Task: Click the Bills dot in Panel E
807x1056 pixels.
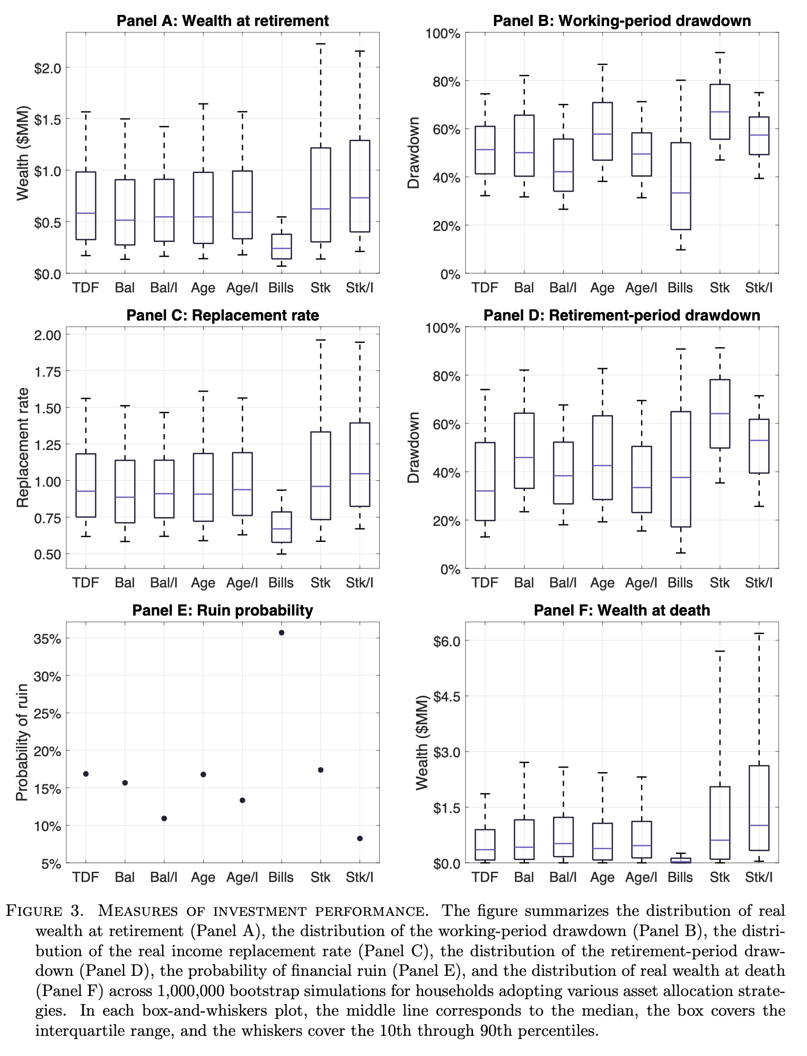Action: point(282,633)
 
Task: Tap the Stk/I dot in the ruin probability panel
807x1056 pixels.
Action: point(360,838)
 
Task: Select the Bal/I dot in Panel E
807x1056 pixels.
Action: point(164,818)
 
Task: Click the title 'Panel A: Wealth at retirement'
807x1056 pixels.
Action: point(223,21)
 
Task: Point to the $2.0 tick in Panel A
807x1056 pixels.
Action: point(48,68)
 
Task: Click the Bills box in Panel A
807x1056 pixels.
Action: point(281,246)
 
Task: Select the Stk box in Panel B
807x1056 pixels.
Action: point(720,111)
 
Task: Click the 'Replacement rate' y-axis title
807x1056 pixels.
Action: point(23,448)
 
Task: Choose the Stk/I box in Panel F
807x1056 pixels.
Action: point(759,808)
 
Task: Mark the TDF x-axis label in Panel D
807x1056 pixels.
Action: point(485,583)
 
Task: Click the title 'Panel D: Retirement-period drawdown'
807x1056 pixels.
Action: point(621,315)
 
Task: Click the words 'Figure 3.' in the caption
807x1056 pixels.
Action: point(46,911)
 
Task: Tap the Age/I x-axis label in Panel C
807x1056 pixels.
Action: point(242,583)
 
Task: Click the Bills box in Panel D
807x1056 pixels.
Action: point(681,469)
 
